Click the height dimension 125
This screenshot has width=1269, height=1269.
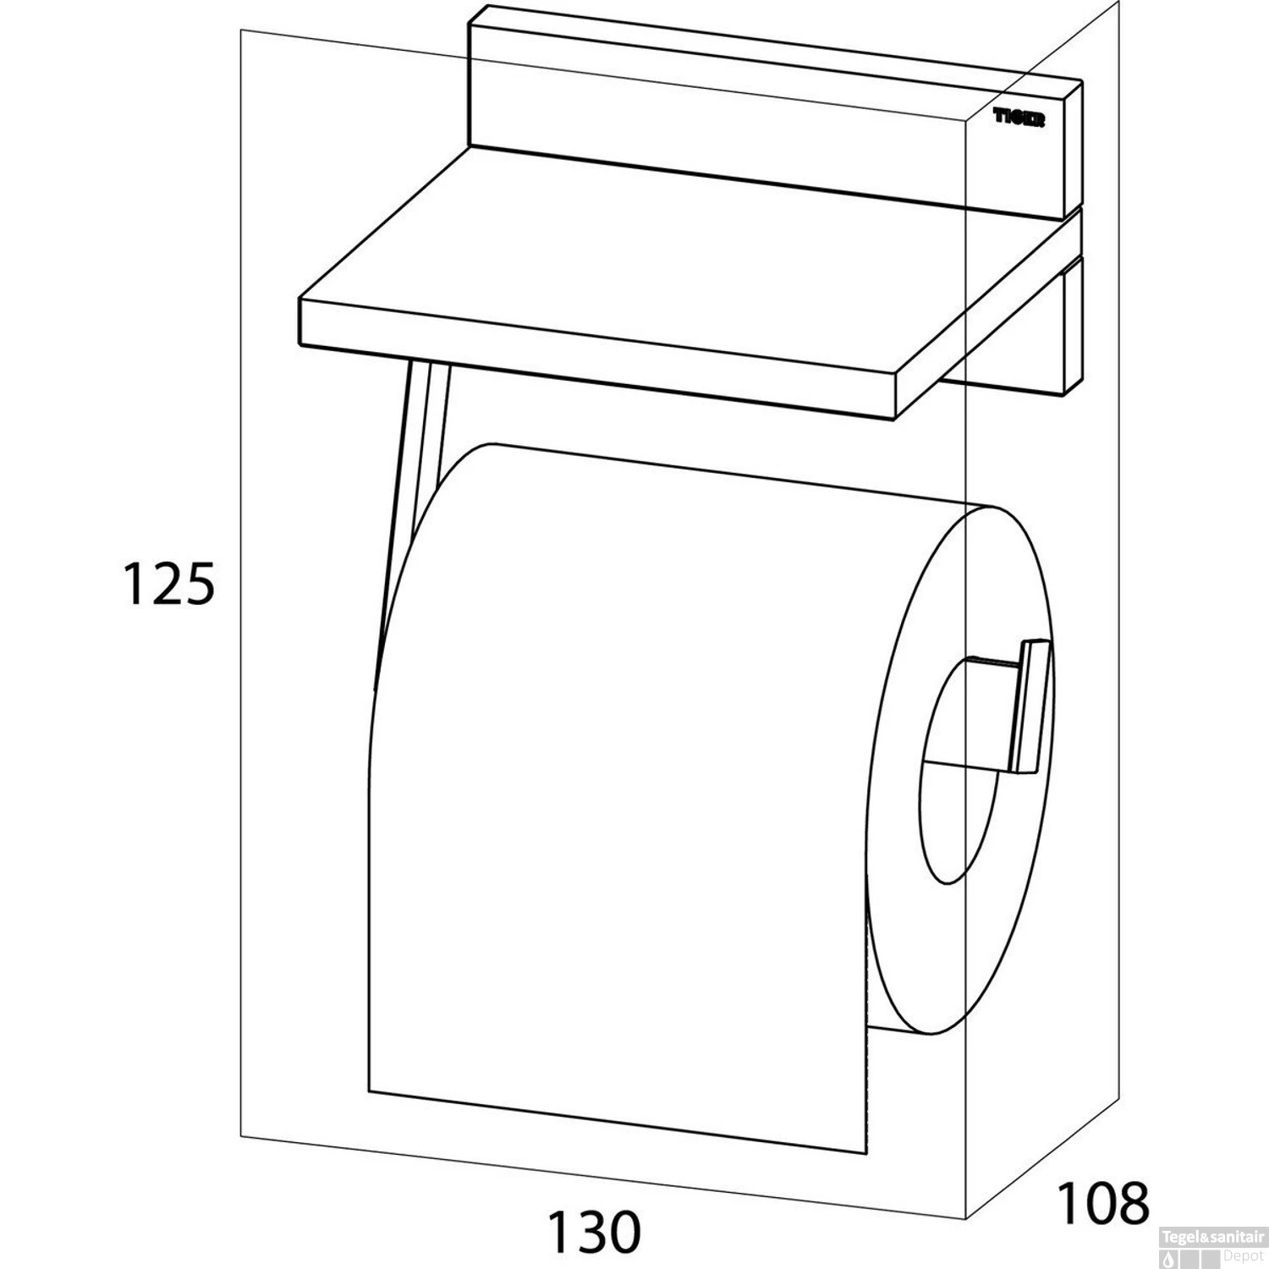(168, 584)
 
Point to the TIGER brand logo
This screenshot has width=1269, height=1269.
(1019, 120)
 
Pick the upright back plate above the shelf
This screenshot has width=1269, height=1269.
(774, 110)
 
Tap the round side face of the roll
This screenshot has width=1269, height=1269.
(960, 770)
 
